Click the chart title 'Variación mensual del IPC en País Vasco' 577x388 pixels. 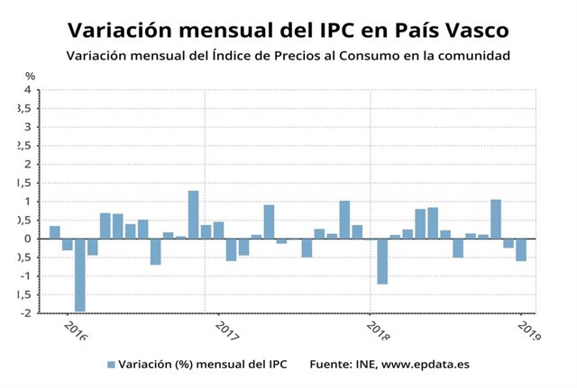click(x=288, y=31)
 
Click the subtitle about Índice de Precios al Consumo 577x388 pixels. click(x=288, y=56)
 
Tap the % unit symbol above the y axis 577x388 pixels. click(x=30, y=77)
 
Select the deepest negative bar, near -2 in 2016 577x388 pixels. click(x=80, y=275)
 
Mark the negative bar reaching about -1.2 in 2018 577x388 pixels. click(x=382, y=261)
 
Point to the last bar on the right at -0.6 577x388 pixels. click(x=521, y=249)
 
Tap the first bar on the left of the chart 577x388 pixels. click(x=55, y=232)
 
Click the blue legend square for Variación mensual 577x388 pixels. click(x=111, y=365)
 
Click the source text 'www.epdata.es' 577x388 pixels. click(x=424, y=365)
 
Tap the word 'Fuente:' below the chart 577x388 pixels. click(x=330, y=365)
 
